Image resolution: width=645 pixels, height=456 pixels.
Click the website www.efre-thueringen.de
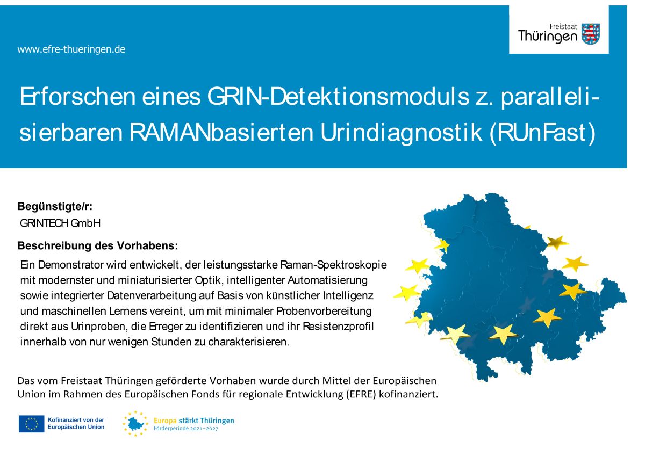tap(71, 49)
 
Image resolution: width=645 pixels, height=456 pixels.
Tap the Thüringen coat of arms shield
tap(591, 34)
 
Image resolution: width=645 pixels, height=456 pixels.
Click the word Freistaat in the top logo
tap(563, 27)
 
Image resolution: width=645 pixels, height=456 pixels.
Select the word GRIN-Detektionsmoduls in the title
tap(338, 97)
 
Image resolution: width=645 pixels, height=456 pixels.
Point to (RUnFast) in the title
tap(542, 133)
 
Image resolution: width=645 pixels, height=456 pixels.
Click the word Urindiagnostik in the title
tap(401, 133)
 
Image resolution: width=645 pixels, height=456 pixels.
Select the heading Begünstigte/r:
tap(55, 207)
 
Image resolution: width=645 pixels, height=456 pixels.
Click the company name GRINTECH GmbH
tap(60, 223)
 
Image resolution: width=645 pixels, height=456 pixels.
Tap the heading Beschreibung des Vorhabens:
tap(98, 245)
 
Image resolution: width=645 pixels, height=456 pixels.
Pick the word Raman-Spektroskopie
tap(333, 265)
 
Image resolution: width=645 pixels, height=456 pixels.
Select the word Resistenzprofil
tap(338, 327)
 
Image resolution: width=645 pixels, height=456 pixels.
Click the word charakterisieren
tap(248, 342)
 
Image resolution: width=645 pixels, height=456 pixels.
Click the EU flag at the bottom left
tap(31, 424)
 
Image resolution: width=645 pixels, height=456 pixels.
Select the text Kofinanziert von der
tap(76, 420)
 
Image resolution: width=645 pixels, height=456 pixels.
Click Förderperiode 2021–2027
tap(186, 429)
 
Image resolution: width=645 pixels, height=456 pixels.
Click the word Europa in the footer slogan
tap(165, 421)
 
